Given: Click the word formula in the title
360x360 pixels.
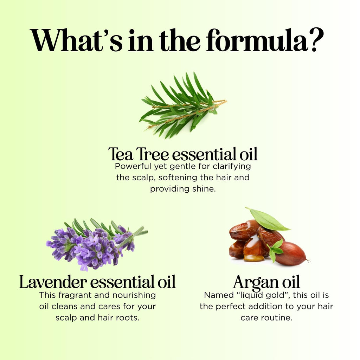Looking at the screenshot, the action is [x=257, y=40].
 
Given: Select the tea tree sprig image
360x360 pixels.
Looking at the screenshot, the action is [x=183, y=105].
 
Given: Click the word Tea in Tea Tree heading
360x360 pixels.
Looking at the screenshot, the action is [x=121, y=154].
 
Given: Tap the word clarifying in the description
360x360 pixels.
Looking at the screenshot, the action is [x=232, y=167].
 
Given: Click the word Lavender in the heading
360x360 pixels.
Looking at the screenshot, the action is [x=53, y=282].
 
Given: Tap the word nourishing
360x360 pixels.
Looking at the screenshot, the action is [x=134, y=295].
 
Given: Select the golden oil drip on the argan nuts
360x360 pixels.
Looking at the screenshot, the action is [x=253, y=250].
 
